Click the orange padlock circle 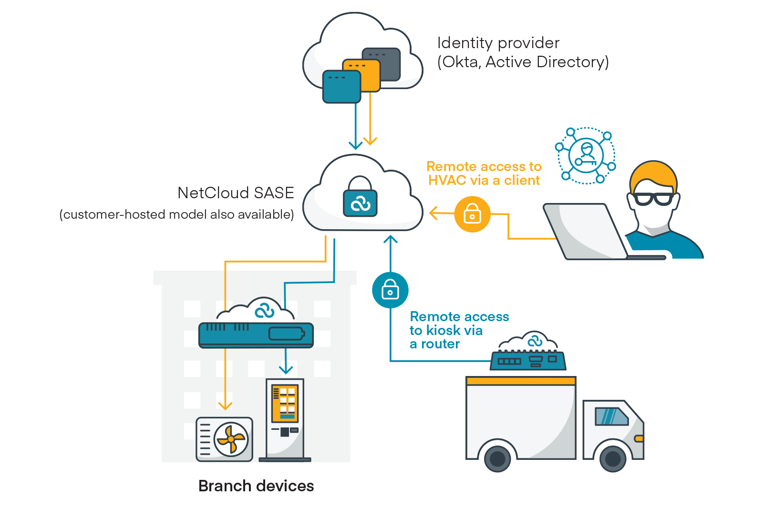(x=472, y=214)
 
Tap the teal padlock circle (x=390, y=290)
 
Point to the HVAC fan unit (x=225, y=439)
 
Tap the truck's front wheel (x=613, y=458)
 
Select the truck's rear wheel (x=497, y=458)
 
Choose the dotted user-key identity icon (x=586, y=155)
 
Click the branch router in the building (x=256, y=335)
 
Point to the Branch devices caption (x=256, y=486)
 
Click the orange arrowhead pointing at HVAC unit (x=225, y=406)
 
